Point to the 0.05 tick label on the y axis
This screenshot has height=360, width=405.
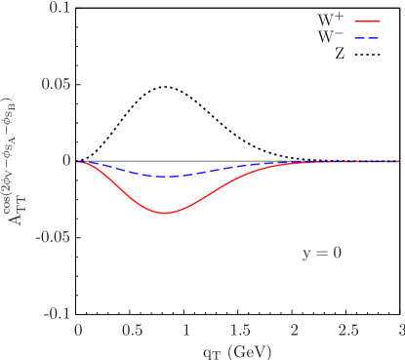coord(55,84)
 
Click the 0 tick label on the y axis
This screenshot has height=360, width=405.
coord(66,161)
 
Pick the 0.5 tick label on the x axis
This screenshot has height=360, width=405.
coord(132,331)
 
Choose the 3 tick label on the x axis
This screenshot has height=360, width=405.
coord(400,331)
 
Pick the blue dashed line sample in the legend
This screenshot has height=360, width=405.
coord(368,37)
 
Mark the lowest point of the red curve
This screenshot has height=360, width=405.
coord(165,213)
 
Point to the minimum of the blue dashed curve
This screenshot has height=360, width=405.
coord(165,178)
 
